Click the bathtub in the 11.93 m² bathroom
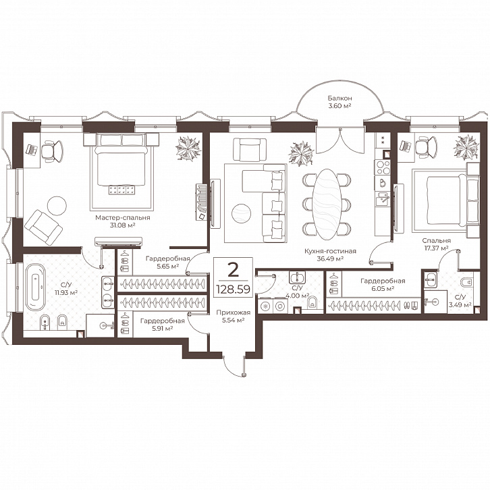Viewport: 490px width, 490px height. pos(35,288)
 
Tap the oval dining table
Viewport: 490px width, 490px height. pos(327,203)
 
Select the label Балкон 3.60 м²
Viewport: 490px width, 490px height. pos(339,102)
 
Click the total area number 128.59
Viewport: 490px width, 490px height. pos(233,289)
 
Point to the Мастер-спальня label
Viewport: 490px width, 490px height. pos(123,217)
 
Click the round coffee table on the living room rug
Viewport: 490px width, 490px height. pos(241,213)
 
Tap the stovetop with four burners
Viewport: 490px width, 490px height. pos(383,167)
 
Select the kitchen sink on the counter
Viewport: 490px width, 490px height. pos(383,198)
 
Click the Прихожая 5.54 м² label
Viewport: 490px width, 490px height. pos(234,316)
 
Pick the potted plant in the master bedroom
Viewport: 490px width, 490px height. pos(188,148)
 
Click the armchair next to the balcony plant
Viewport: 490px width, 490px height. pos(250,149)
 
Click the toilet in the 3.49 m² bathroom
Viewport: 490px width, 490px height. pos(468,282)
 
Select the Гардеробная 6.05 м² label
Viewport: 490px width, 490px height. pos(383,284)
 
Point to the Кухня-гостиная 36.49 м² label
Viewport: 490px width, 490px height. pos(330,254)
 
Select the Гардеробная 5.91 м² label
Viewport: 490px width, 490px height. pos(162,325)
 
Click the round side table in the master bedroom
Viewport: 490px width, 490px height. pos(57,205)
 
